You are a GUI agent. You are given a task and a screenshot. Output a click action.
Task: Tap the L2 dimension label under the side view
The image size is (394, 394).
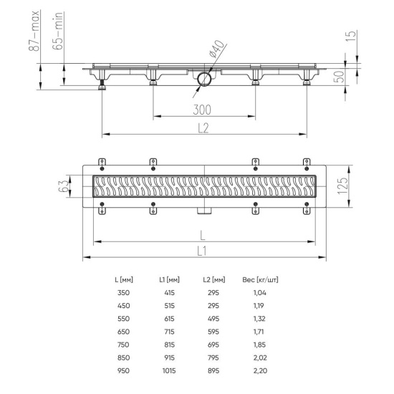(x=203, y=127)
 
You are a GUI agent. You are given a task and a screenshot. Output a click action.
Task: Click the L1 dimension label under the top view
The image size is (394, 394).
(x=203, y=250)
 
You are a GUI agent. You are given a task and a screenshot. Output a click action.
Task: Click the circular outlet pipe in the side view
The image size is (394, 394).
(x=203, y=79)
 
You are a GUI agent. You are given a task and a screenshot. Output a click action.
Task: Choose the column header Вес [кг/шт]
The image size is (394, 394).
(x=261, y=279)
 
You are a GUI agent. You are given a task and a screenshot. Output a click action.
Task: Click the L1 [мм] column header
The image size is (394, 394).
(x=169, y=279)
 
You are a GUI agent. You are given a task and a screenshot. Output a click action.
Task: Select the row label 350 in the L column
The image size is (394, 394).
(x=123, y=293)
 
